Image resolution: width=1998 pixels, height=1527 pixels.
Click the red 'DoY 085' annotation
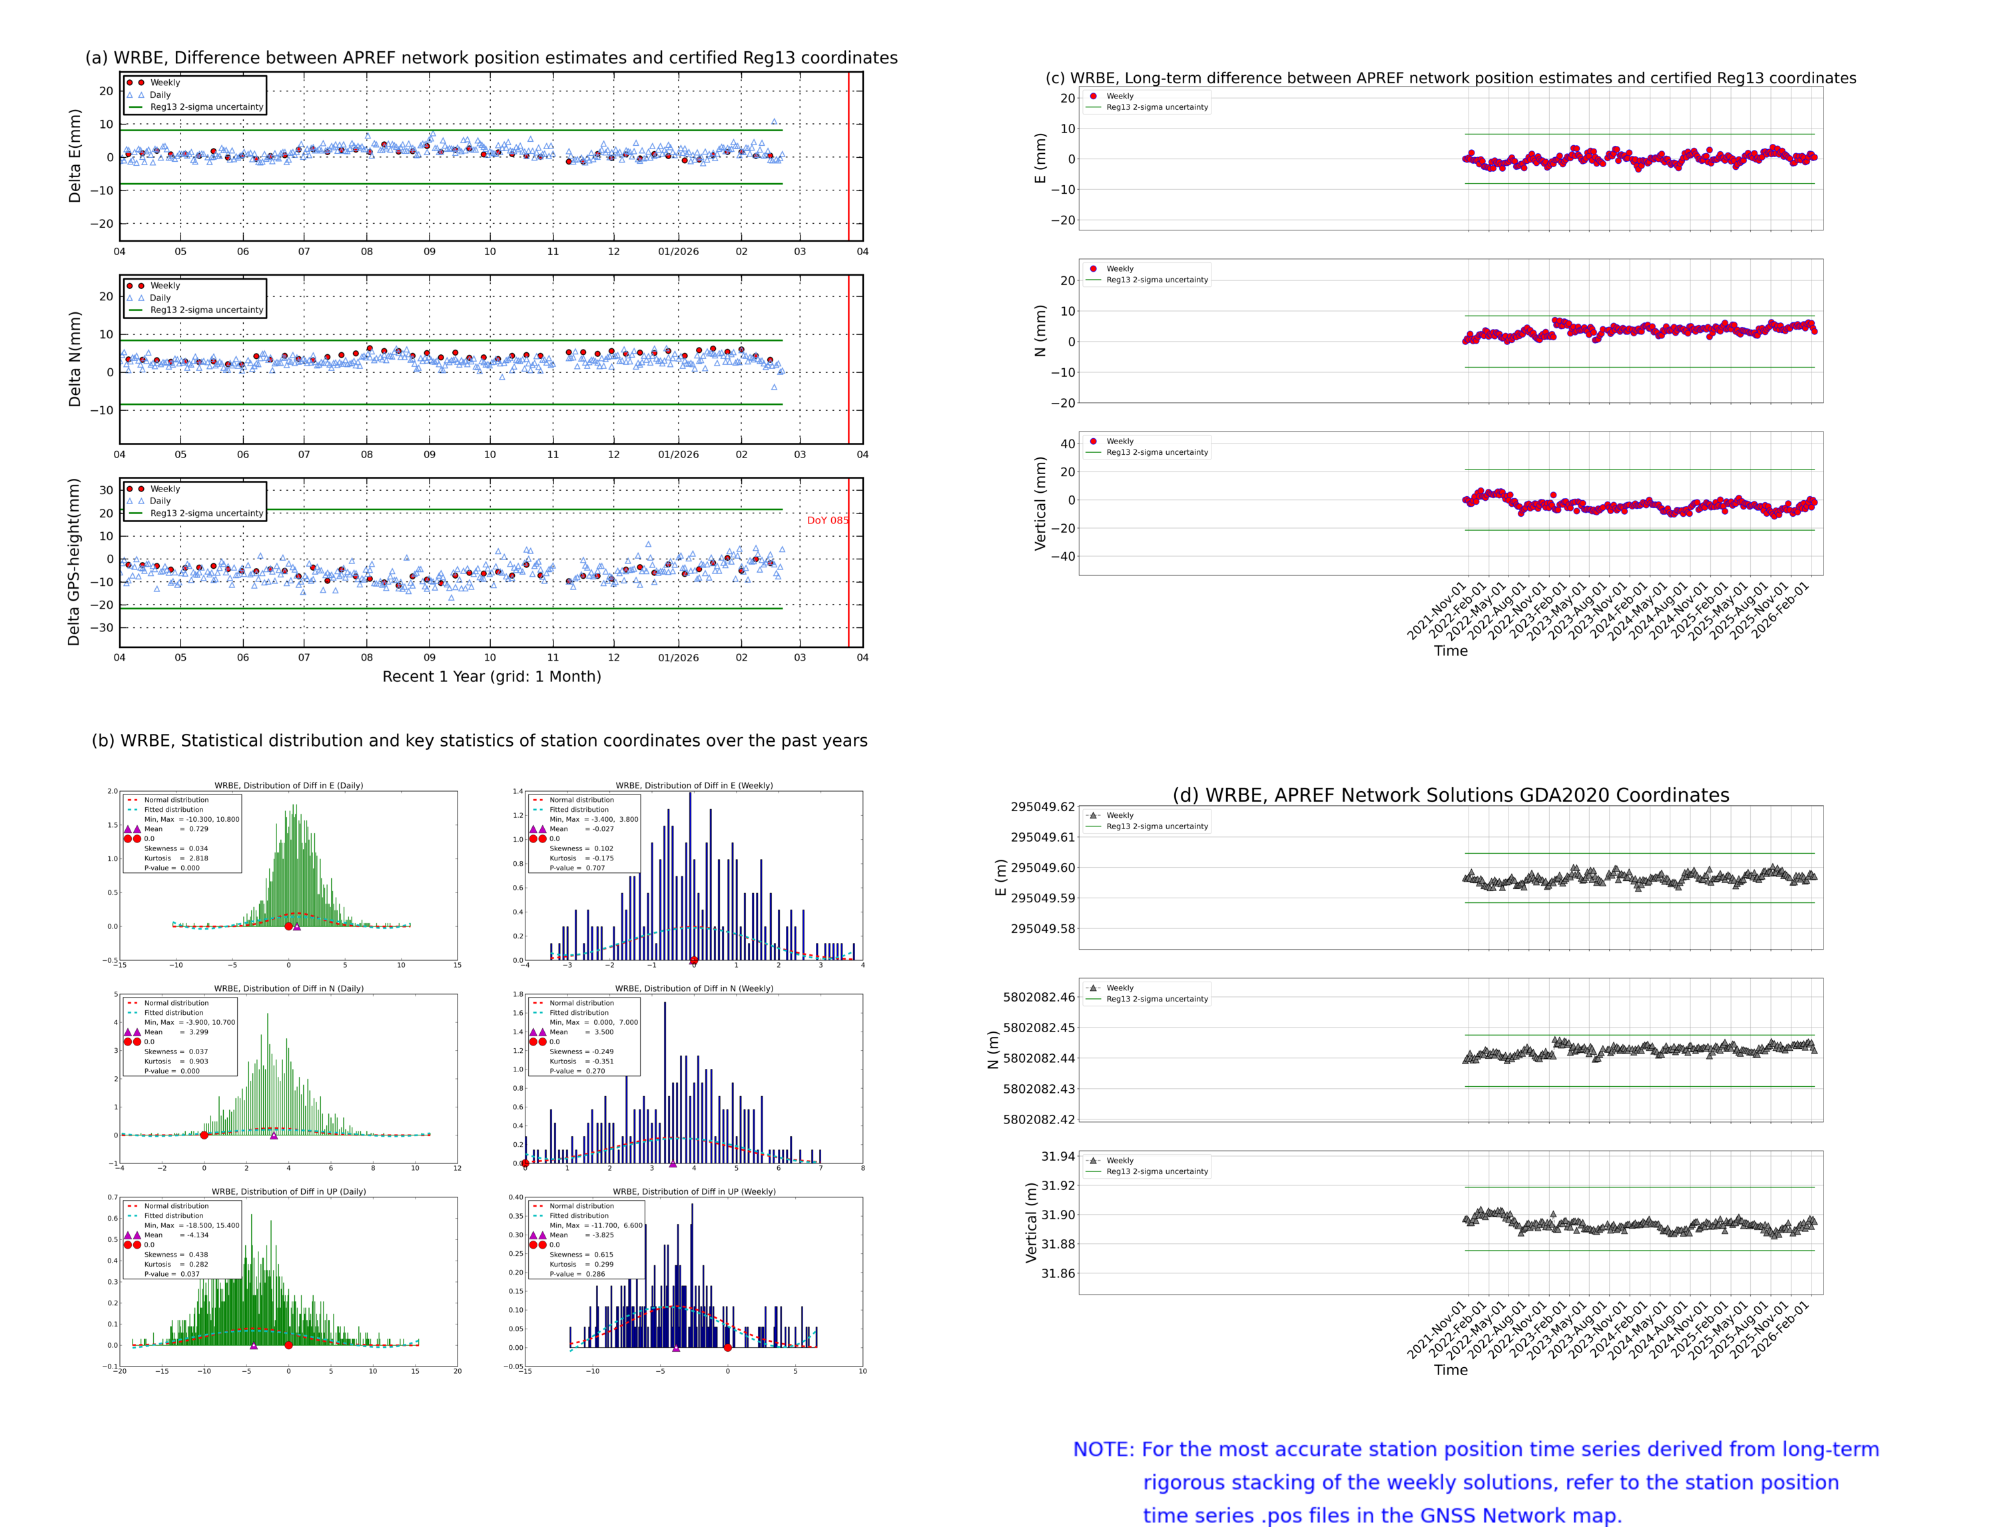(827, 521)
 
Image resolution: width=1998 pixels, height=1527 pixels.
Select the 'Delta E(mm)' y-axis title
(75, 156)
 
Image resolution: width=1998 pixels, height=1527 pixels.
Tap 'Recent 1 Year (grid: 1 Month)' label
(491, 676)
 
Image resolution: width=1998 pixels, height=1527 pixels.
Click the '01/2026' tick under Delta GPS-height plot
(678, 657)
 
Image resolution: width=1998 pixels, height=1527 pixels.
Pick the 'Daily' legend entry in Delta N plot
(160, 298)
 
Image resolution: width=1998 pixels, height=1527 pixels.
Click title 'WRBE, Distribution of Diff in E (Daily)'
(288, 785)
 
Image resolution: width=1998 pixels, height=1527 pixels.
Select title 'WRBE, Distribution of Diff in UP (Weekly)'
(693, 1191)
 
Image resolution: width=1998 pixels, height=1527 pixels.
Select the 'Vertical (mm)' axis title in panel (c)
(1040, 503)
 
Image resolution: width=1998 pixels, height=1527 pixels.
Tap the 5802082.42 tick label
(1038, 1120)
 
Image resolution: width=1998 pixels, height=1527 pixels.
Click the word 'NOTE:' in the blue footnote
(1104, 1450)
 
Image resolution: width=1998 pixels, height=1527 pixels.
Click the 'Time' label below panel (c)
(1450, 651)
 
